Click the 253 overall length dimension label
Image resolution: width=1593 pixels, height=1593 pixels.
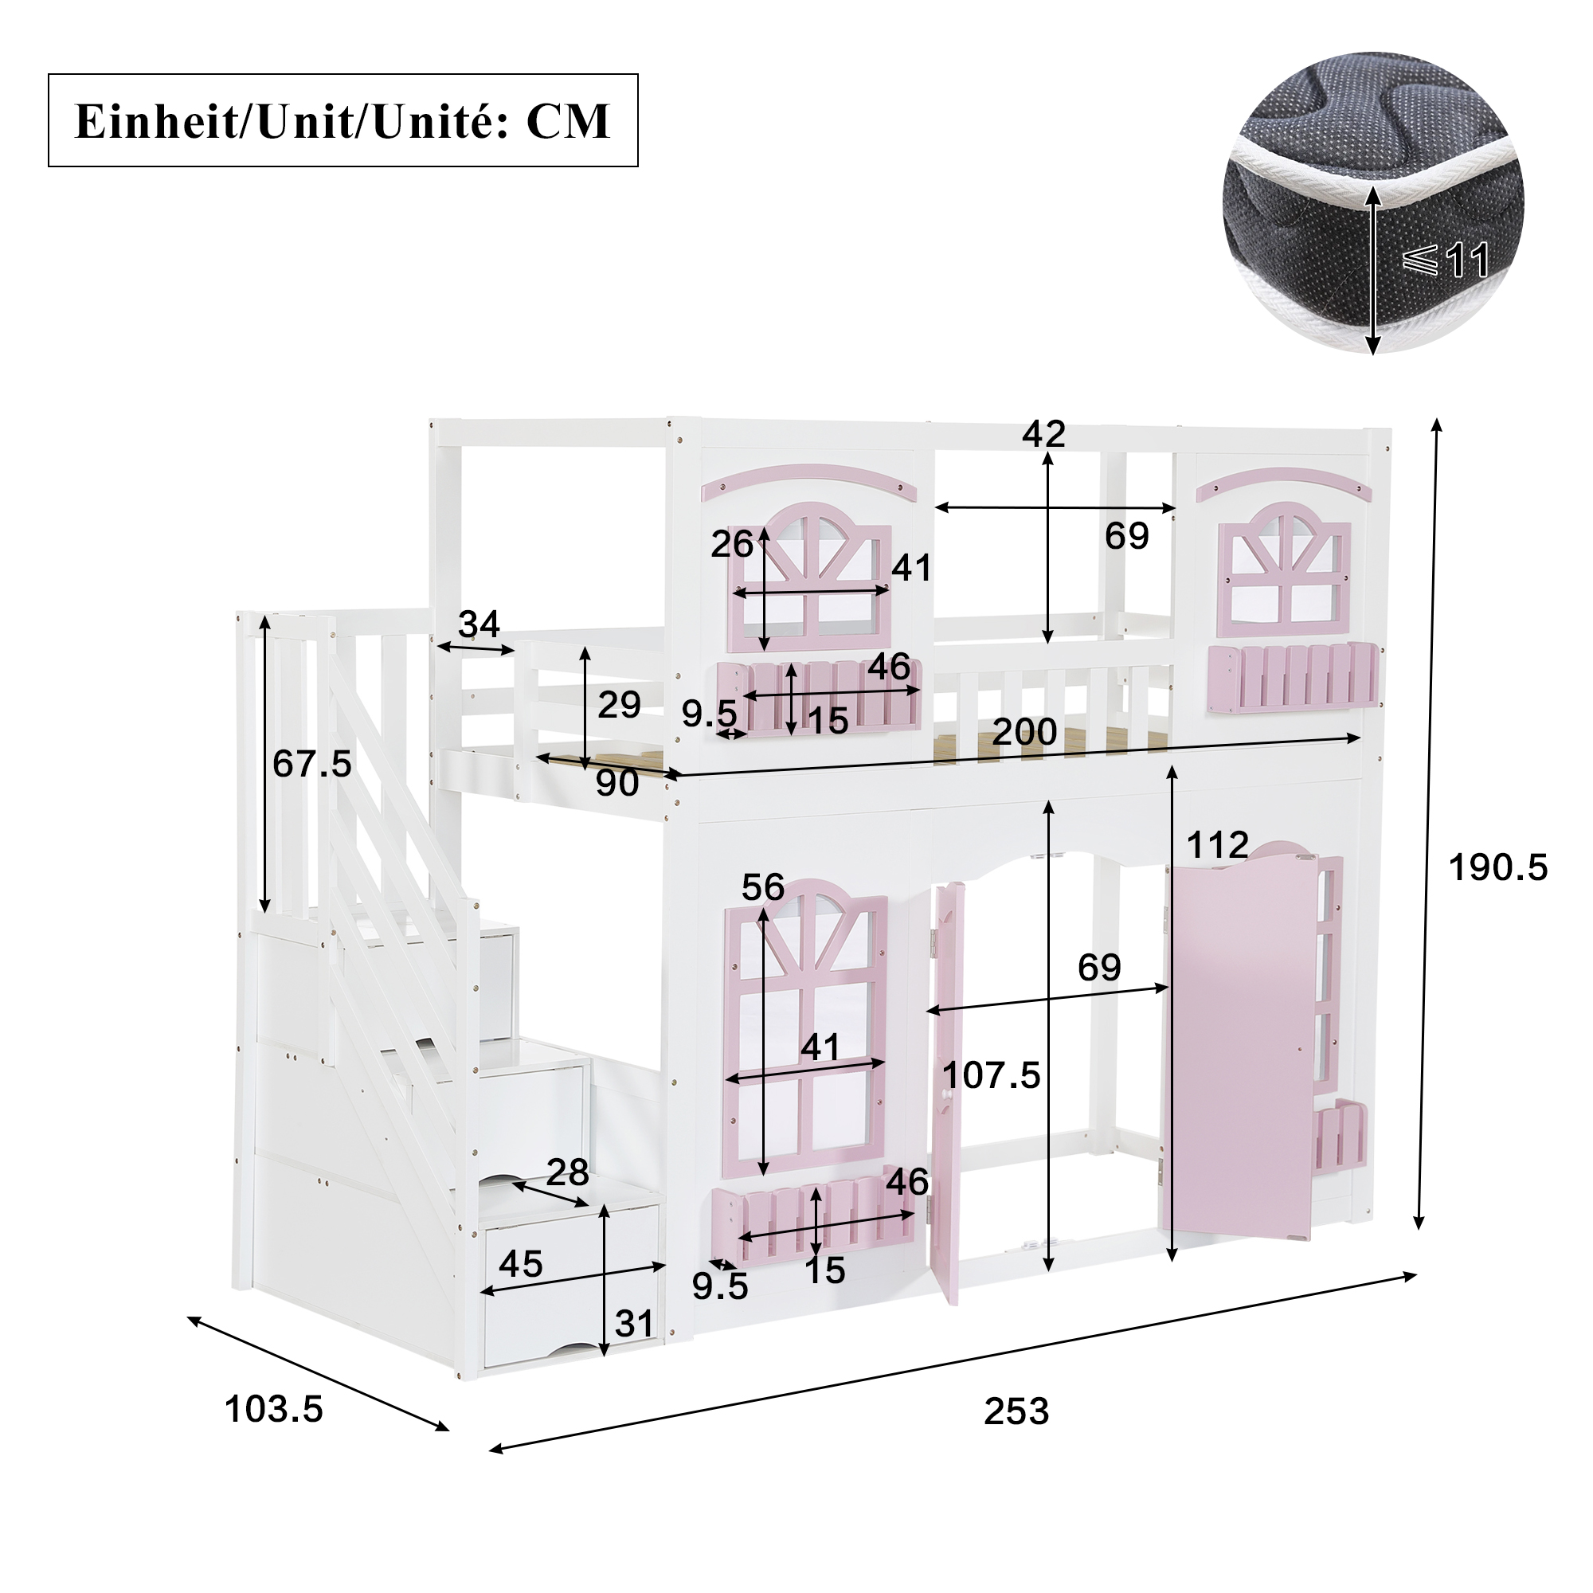tap(1016, 1411)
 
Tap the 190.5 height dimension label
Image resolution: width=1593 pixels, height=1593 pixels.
tap(1498, 867)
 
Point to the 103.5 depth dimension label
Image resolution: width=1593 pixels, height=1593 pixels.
tap(274, 1409)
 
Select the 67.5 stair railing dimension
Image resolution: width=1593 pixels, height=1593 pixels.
tap(312, 764)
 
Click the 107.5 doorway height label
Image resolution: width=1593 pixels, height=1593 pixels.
tap(991, 1075)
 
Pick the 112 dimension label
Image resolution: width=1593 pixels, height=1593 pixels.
tap(1218, 845)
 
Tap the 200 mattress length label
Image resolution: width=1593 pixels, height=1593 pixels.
tap(1024, 731)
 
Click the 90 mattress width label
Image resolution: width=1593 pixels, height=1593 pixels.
tap(617, 782)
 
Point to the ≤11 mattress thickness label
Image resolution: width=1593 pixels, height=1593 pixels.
tap(1446, 260)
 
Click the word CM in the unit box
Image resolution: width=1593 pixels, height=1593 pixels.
tap(568, 121)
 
